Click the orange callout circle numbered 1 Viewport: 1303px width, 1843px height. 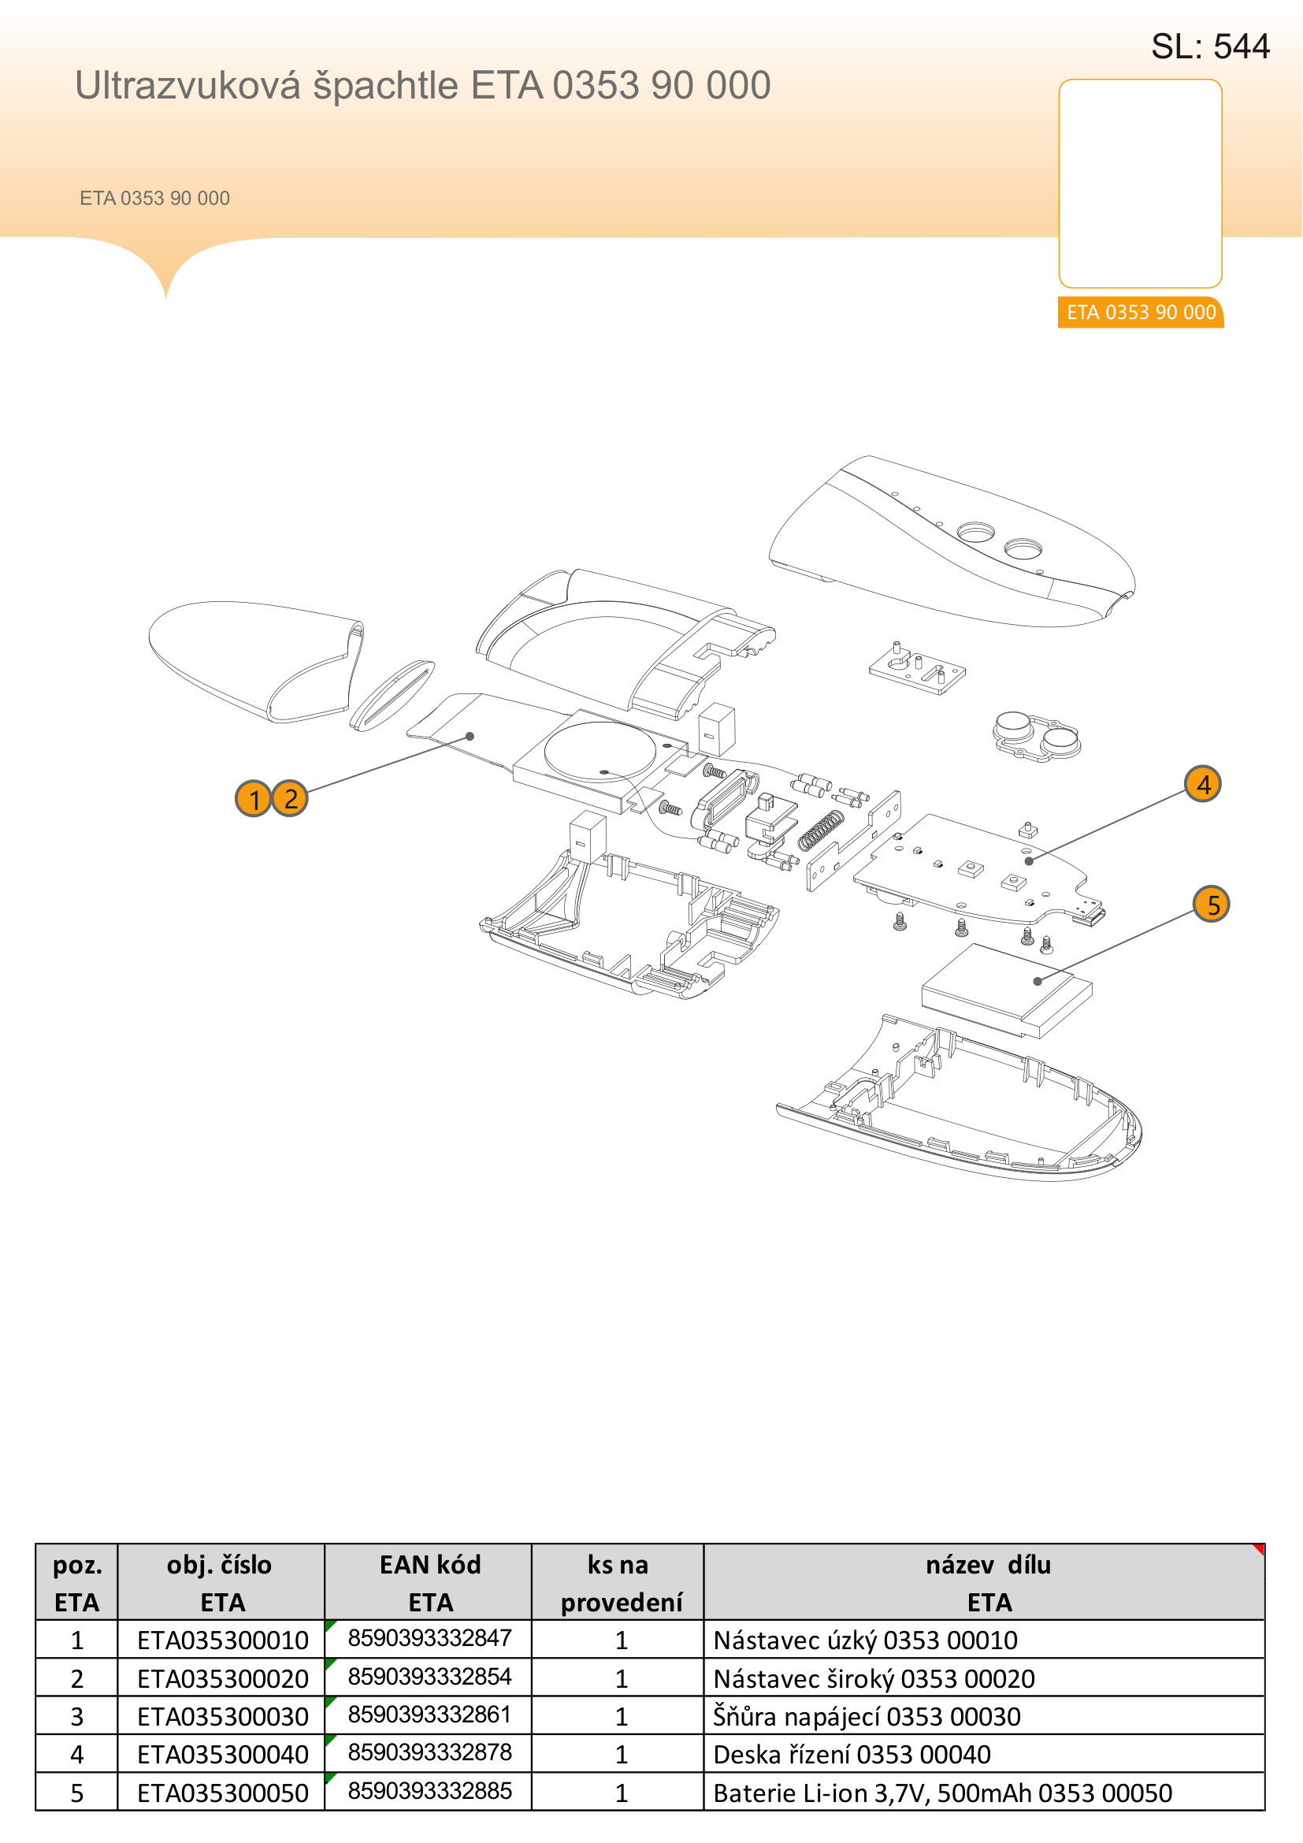(x=254, y=799)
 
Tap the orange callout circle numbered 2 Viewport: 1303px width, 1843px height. (x=290, y=799)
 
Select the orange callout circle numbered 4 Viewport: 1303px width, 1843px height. (x=1203, y=783)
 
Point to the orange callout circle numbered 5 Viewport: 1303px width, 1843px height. (x=1212, y=905)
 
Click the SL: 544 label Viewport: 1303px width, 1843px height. (x=1210, y=46)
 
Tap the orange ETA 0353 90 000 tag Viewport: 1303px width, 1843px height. (x=1140, y=312)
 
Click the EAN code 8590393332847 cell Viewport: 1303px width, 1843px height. (x=429, y=1638)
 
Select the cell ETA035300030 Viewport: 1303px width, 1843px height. (x=222, y=1716)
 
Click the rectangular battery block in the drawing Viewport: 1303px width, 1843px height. (x=1007, y=990)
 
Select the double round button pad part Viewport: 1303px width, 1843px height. (x=1037, y=736)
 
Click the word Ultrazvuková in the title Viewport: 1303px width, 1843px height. (x=187, y=85)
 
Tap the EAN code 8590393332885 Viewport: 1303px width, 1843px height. (x=429, y=1790)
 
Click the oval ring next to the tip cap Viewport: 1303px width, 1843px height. (x=392, y=695)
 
